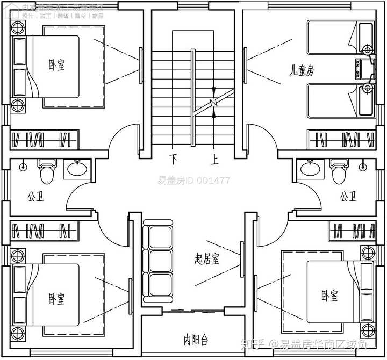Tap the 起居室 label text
pyautogui.click(x=207, y=260)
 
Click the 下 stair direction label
pyautogui.click(x=174, y=159)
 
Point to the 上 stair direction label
pyautogui.click(x=214, y=159)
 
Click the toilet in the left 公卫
pyautogui.click(x=47, y=171)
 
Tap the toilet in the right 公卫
pyautogui.click(x=339, y=171)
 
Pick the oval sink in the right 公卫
pyautogui.click(x=310, y=169)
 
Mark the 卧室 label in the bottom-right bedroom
pyautogui.click(x=329, y=295)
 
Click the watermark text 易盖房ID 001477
pyautogui.click(x=194, y=181)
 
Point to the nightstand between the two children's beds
pyautogui.click(x=367, y=68)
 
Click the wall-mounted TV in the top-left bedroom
pyautogui.click(x=141, y=65)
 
